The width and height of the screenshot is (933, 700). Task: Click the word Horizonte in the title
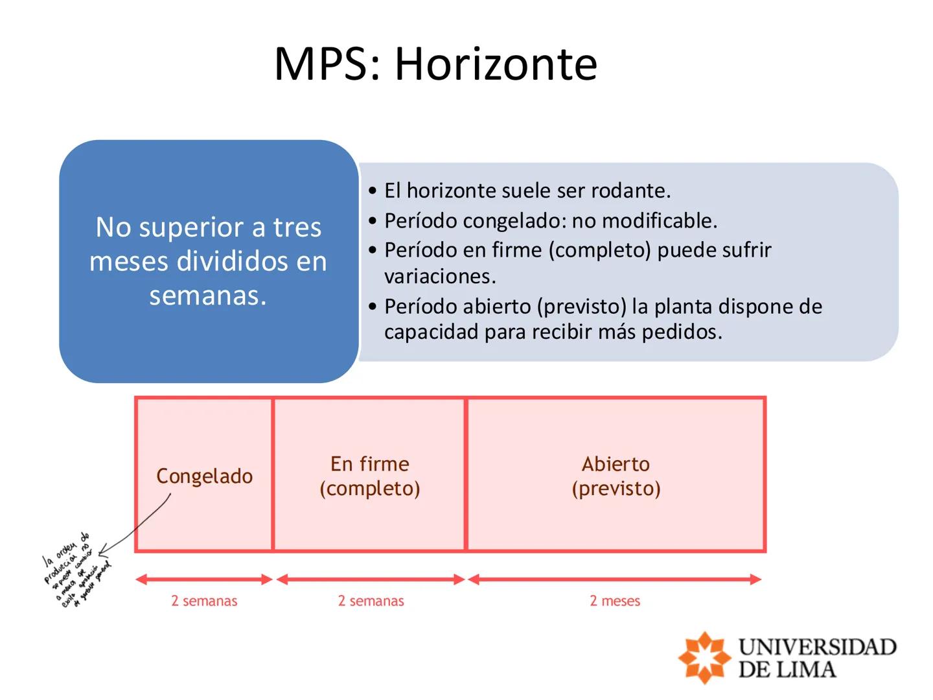496,64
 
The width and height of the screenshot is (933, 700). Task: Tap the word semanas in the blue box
208,296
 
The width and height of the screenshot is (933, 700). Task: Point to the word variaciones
440,277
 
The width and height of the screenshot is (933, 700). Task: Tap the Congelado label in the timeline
205,476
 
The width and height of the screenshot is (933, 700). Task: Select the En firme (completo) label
370,476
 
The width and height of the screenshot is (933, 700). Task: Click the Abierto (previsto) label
616,476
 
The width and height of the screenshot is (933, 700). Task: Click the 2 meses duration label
615,601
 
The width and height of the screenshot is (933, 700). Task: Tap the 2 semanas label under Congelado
204,601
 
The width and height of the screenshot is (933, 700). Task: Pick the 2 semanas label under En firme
371,601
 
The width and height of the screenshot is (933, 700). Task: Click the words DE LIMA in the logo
787,670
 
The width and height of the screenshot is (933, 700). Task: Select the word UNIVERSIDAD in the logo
817,647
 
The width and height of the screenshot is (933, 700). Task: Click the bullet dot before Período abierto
372,307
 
